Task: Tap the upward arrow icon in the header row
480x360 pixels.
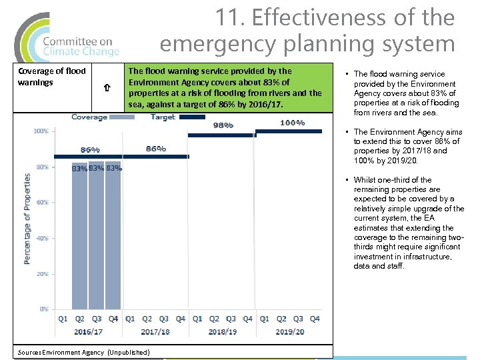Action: coord(107,87)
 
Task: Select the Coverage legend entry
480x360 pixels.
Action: coord(90,117)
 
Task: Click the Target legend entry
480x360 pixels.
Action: coord(163,117)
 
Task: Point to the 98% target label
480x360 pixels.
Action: coord(223,125)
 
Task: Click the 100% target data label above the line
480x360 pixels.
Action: coord(292,123)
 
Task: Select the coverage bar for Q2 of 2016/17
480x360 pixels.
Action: coord(79,237)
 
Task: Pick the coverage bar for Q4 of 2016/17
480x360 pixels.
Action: coord(113,237)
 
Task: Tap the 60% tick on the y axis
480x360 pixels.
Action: coord(41,203)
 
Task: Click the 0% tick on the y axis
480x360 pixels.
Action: coord(43,309)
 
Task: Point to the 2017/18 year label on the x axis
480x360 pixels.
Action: coord(155,331)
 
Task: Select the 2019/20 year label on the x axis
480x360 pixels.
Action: coord(290,331)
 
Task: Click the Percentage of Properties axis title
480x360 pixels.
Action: coord(27,219)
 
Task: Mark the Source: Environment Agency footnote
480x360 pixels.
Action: coord(83,352)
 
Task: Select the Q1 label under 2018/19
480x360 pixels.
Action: coord(197,319)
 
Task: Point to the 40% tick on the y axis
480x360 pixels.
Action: coord(41,238)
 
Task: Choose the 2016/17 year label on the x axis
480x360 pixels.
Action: coord(88,331)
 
